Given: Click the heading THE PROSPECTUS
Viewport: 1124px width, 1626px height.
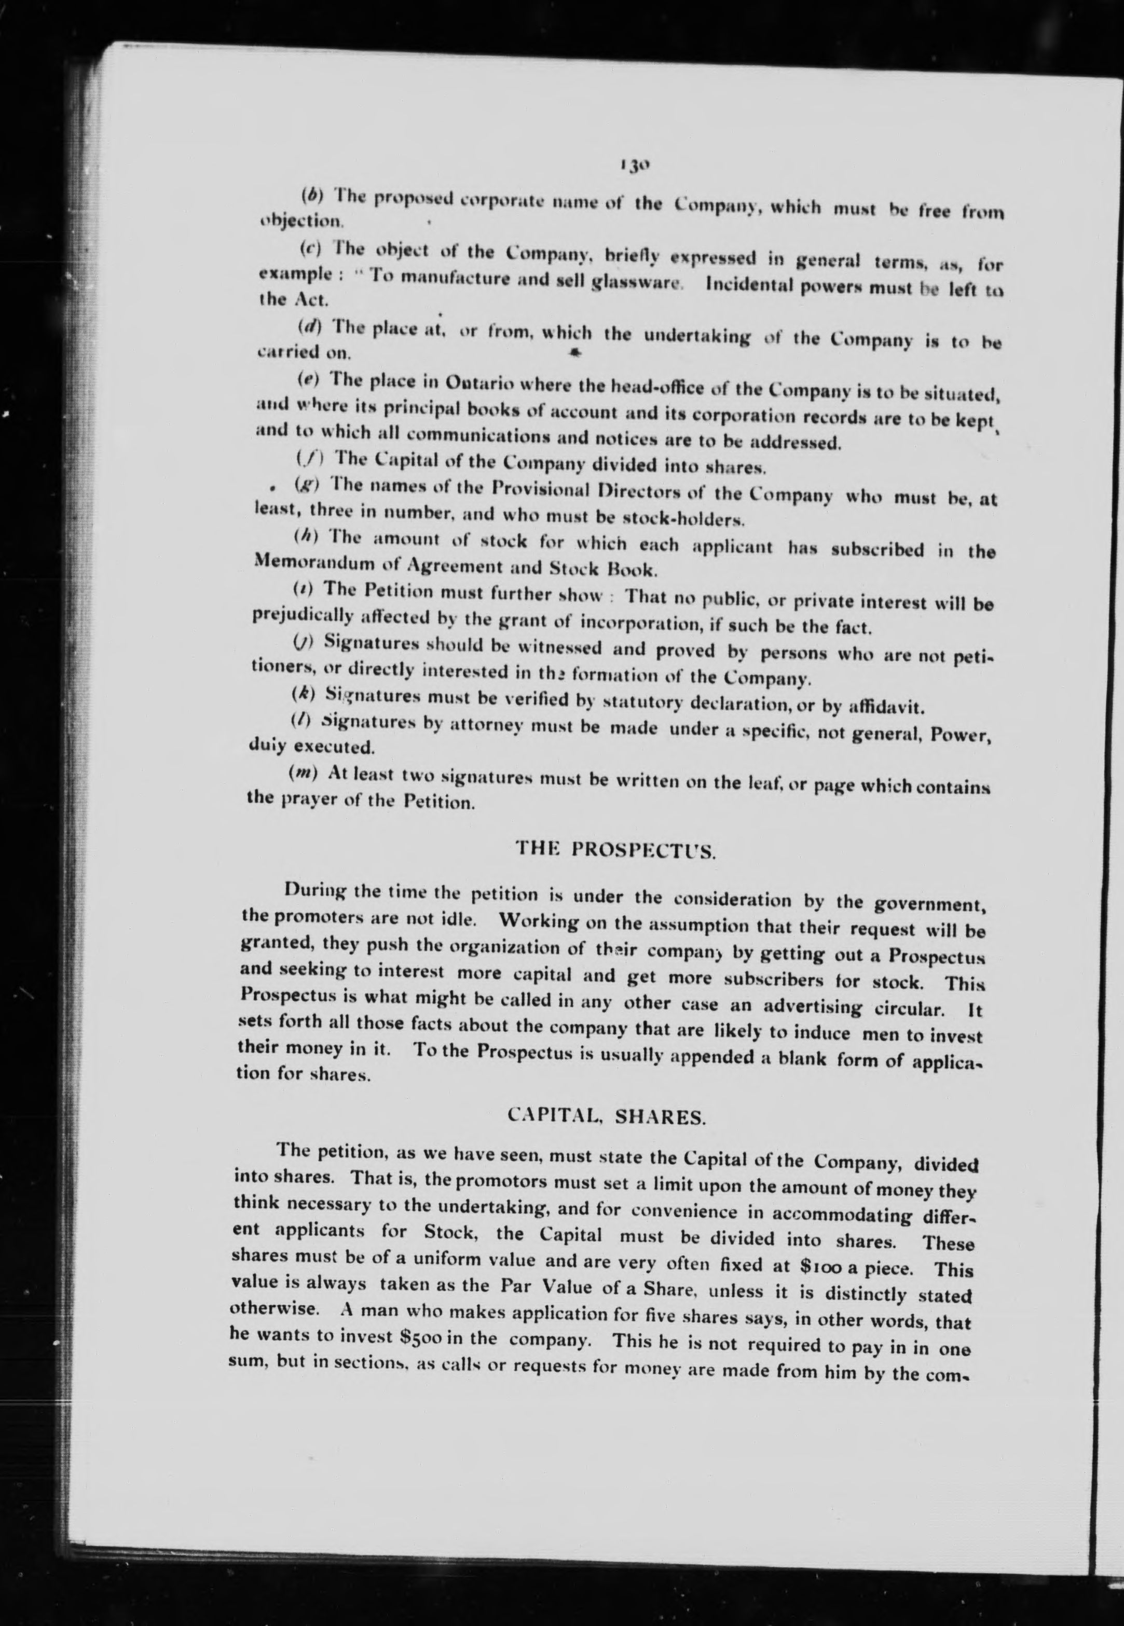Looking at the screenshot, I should [x=616, y=849].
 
